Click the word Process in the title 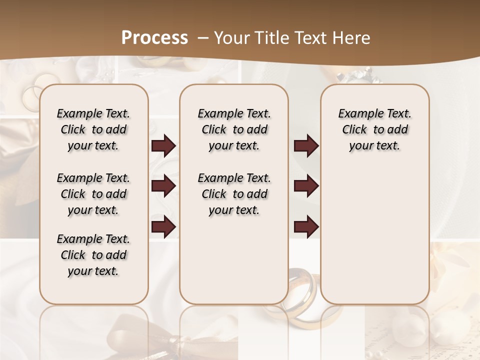coord(154,38)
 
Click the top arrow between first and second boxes coord(163,146)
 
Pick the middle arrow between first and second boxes coord(163,186)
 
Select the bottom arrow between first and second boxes coord(163,226)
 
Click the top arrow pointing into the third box coord(306,146)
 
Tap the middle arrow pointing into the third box coord(306,186)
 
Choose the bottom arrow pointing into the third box coord(306,226)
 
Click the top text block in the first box coord(93,129)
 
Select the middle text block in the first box coord(93,194)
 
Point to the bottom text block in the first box coord(93,255)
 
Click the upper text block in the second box coord(234,129)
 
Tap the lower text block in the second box coord(234,194)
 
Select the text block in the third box coord(374,129)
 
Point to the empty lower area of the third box coord(374,230)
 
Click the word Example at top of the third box coord(356,114)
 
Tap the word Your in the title coord(229,38)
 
